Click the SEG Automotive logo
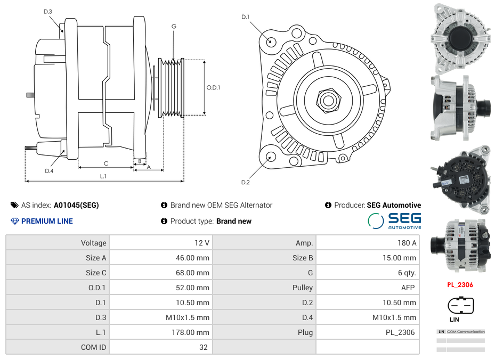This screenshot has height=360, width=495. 394,220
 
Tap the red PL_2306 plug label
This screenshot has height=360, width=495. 460,284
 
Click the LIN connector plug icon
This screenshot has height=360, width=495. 460,306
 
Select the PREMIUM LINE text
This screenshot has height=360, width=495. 47,221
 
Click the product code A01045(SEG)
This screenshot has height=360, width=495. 76,205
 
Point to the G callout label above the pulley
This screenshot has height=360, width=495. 174,26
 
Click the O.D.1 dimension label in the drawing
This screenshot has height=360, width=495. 213,87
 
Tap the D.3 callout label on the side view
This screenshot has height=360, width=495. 48,11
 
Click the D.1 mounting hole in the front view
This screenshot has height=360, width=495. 271,41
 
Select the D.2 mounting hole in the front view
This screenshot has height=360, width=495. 271,157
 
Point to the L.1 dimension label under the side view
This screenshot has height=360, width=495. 103,176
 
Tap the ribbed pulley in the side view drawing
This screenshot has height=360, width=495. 172,87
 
